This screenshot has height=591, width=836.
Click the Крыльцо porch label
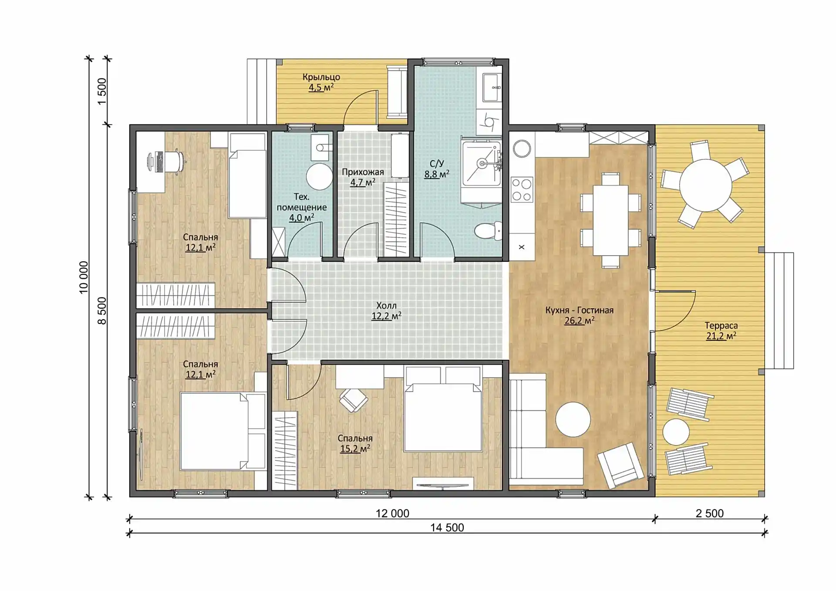click(x=321, y=77)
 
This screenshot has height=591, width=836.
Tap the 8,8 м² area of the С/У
click(x=437, y=174)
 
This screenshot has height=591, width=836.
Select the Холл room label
click(x=386, y=305)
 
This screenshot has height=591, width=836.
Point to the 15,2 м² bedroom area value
click(x=355, y=449)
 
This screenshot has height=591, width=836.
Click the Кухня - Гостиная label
click(x=579, y=310)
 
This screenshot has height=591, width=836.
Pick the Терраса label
click(x=721, y=325)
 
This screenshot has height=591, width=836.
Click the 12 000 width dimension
click(x=392, y=513)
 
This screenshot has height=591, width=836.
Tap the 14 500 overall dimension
click(x=447, y=527)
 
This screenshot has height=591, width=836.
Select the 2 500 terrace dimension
click(x=709, y=513)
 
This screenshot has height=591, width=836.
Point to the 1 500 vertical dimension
click(x=101, y=91)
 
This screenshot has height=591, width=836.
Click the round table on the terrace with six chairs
click(x=705, y=185)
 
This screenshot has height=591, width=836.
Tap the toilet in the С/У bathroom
click(x=488, y=230)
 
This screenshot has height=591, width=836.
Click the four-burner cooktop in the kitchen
click(x=522, y=189)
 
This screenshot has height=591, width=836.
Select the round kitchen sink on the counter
click(x=522, y=149)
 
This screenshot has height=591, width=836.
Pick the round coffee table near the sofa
click(x=573, y=419)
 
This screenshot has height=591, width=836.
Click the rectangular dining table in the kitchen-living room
click(x=610, y=220)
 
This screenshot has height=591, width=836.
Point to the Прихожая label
click(x=363, y=172)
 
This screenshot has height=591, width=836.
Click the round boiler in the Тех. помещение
click(x=320, y=176)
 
